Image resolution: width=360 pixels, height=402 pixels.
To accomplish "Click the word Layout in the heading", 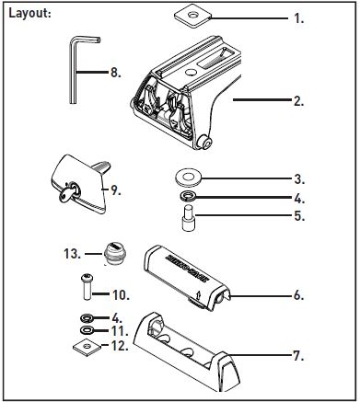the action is pos(28,14).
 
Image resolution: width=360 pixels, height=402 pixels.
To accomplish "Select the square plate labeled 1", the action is pos(192,16).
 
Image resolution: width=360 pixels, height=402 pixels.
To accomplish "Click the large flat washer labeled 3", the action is pos(188,178).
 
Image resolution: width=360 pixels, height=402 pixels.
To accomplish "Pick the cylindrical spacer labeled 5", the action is pos(187,219).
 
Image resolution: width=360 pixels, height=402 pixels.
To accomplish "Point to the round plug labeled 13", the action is pos(113,253).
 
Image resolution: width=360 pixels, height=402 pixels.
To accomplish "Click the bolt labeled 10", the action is pos(87,287).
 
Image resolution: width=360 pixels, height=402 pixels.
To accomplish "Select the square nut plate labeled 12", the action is pos(87,347).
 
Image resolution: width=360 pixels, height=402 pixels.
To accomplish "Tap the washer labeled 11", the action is pos(87,330).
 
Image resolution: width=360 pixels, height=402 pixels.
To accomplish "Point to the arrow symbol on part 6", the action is pos(198,295).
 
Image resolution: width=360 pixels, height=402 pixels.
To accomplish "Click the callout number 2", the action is pos(298,101).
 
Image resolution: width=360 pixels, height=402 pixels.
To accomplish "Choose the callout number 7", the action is pos(298,356).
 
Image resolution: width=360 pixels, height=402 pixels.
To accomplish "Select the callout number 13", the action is pos(73,254).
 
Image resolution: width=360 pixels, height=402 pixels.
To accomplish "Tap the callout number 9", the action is pos(116,190).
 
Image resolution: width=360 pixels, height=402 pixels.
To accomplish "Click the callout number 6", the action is pos(298,295).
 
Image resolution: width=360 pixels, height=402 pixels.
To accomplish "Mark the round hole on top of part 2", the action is pos(191,72).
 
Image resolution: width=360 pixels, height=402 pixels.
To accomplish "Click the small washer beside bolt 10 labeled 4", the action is pos(87,318).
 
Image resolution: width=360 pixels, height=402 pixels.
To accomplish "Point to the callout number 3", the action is pos(299,179).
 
